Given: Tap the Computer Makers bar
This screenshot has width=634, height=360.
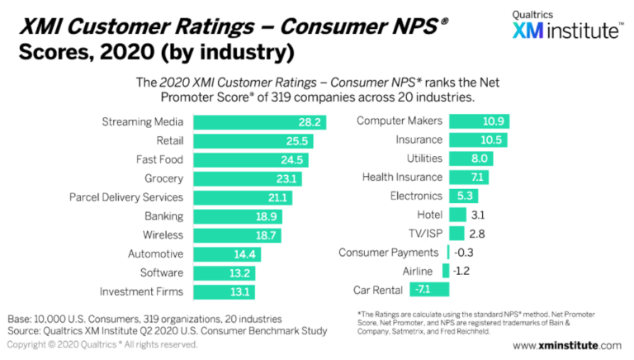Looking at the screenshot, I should (x=478, y=121).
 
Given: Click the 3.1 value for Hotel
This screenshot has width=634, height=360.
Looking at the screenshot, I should (x=478, y=215).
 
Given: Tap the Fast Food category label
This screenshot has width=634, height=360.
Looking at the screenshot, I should (x=159, y=159).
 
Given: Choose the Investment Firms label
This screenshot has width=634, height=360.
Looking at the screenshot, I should (x=141, y=291).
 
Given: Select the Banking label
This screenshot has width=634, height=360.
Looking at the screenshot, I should (x=164, y=216).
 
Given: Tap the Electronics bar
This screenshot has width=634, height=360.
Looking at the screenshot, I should (x=462, y=196).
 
